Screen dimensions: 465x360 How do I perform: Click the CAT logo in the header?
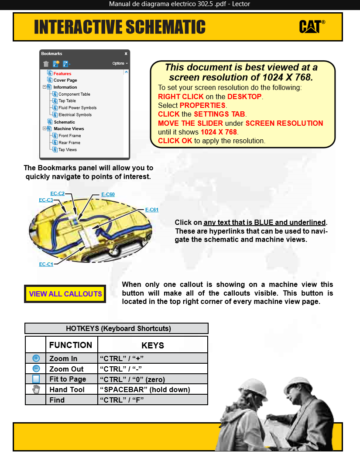[312, 27]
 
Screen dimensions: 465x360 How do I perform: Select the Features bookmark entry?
[62, 74]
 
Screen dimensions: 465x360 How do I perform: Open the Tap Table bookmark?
[67, 101]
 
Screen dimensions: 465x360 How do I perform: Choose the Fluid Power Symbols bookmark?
[77, 108]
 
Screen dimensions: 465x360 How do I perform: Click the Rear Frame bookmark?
[69, 143]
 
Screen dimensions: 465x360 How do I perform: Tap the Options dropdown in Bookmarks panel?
[120, 63]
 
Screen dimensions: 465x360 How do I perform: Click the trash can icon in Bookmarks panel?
[46, 64]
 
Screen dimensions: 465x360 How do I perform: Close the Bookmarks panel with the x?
[126, 54]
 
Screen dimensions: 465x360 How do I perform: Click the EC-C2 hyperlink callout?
[58, 193]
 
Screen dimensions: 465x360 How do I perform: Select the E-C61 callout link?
[151, 210]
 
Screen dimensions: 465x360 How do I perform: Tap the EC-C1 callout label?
[46, 265]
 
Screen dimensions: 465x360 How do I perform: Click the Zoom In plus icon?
[36, 358]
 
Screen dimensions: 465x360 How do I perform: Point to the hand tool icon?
[36, 389]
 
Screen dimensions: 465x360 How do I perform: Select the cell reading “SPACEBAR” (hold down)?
[145, 389]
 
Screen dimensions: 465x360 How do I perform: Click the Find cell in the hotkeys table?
[57, 400]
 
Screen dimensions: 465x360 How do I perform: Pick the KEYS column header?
[153, 345]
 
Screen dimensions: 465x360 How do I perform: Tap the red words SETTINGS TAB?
[219, 114]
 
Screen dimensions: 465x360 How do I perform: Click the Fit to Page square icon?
[36, 379]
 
